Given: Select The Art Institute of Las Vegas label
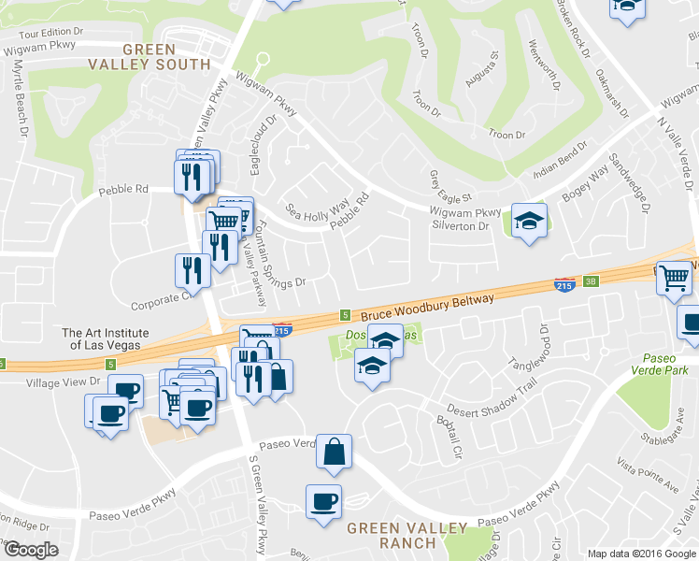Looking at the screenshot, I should [x=106, y=338].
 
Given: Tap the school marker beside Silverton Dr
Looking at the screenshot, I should [x=530, y=222].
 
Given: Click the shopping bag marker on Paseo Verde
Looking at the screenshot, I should [x=334, y=452].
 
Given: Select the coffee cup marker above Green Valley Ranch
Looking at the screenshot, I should [x=323, y=502].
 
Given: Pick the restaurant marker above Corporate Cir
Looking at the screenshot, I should [x=193, y=270].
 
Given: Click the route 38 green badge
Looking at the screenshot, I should [x=590, y=281].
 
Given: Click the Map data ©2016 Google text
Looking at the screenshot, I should [x=642, y=553].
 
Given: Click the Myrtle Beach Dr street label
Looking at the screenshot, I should [x=18, y=97].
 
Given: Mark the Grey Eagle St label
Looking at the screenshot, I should [x=452, y=187].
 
